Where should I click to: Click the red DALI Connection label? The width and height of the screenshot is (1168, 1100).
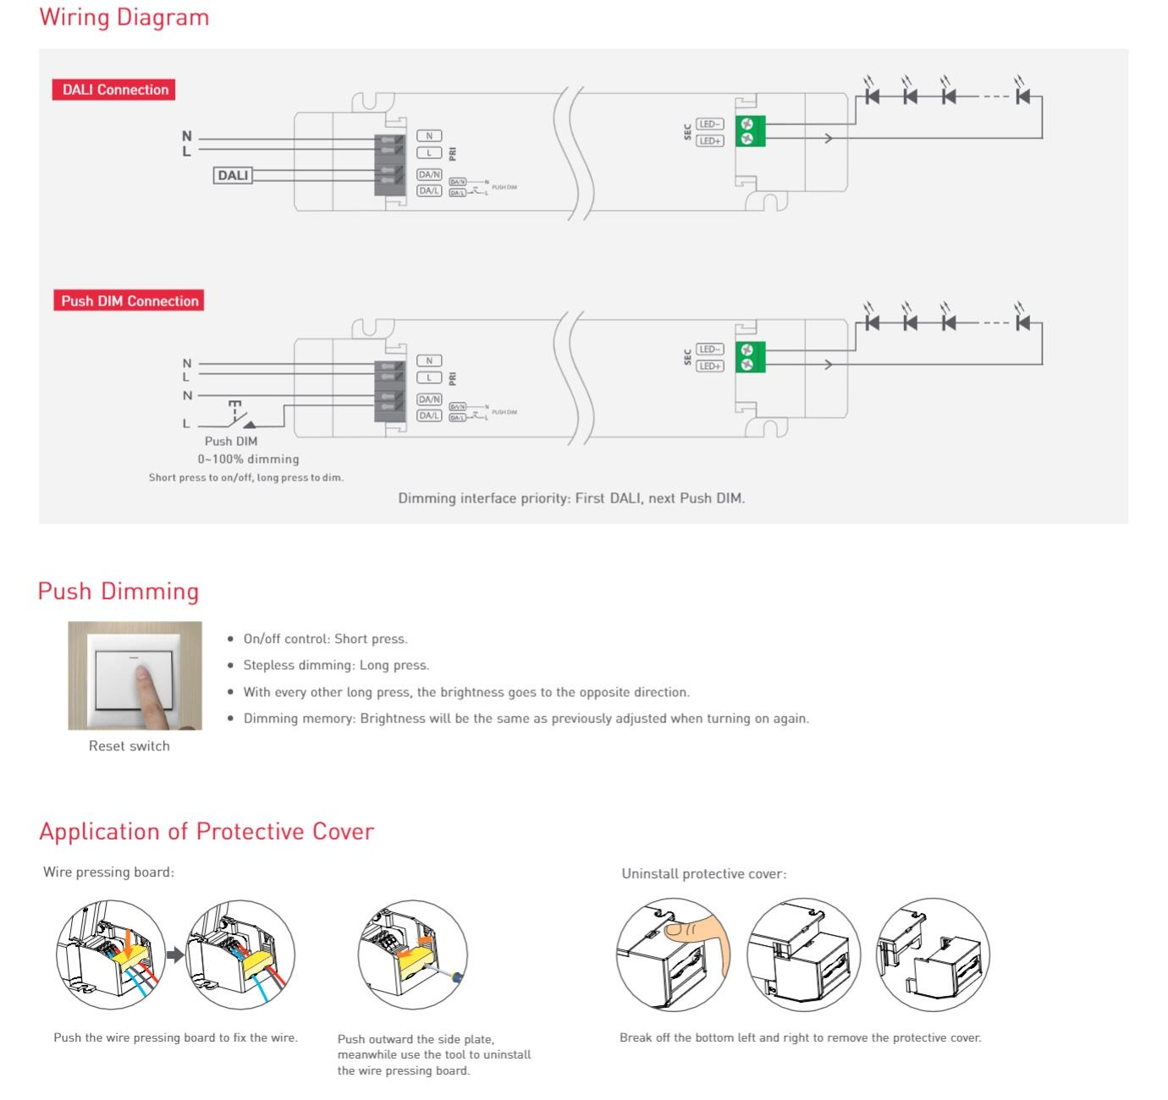point(115,90)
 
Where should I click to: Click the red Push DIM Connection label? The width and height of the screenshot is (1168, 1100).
point(129,301)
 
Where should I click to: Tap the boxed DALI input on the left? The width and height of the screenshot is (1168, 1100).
point(233,176)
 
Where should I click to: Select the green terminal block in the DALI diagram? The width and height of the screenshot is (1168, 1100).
point(750,131)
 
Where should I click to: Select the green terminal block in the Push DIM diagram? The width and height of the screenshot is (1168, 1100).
point(750,357)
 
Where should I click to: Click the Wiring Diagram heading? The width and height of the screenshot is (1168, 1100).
point(124,18)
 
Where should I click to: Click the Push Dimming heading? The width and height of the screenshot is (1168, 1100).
point(118,591)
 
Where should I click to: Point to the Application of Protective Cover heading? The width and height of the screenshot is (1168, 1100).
point(207,831)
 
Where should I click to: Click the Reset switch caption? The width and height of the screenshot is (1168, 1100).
point(129,745)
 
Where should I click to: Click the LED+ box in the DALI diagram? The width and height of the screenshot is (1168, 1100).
point(709,141)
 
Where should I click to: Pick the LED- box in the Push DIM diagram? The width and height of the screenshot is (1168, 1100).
point(709,349)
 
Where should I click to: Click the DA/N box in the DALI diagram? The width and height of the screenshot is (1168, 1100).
point(429,175)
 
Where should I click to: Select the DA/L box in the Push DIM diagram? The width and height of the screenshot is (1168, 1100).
point(429,415)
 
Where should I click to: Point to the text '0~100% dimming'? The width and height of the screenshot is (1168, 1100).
point(248,459)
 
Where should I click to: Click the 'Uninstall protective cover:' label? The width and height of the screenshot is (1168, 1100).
point(703,873)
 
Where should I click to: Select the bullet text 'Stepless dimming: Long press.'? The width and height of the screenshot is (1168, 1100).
point(336,665)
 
